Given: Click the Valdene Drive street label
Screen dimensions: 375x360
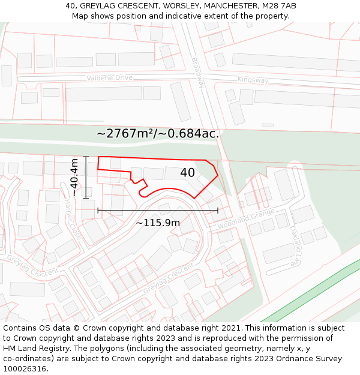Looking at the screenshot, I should coord(109,78).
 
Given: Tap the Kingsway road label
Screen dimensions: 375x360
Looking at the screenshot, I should coord(253,79).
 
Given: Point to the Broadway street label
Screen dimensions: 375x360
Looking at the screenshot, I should coord(198,73).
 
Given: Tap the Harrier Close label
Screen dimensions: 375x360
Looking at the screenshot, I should coord(72,218).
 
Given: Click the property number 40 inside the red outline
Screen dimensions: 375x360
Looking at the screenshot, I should coord(187,173).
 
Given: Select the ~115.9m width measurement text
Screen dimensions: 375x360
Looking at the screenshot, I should coord(157,223).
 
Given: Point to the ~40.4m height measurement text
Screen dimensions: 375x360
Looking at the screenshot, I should coord(74,177).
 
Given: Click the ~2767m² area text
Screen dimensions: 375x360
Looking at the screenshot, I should coord(124,134).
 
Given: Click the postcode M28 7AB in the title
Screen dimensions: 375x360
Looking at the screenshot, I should coord(278,6).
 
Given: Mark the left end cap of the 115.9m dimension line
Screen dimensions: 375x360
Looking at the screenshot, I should coord(98,211).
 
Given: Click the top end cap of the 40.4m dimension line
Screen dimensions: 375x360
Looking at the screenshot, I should coord(86,157).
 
